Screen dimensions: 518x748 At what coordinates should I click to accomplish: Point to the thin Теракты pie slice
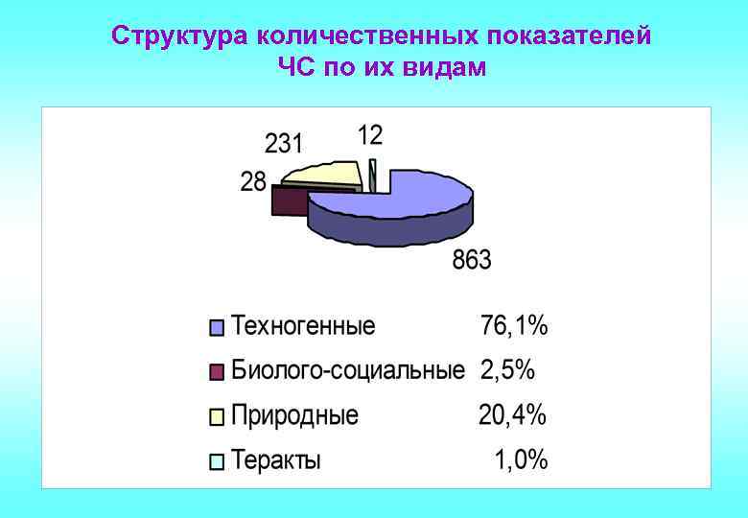(372, 175)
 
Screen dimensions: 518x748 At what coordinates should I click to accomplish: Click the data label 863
(472, 260)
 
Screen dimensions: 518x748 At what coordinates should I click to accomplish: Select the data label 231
(284, 144)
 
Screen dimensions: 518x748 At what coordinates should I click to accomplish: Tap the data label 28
(253, 181)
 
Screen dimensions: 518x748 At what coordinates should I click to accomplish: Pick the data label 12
(370, 135)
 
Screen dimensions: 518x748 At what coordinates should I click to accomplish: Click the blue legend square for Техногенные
(217, 328)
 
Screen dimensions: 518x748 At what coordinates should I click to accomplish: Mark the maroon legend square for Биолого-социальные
(217, 371)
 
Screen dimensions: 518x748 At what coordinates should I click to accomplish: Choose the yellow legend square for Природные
(217, 416)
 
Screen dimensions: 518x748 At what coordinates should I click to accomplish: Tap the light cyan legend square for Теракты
(217, 461)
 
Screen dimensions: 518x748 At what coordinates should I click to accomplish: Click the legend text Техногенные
(304, 326)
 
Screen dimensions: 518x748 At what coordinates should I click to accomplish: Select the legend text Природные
(295, 415)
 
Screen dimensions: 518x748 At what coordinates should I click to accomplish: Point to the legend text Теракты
(277, 460)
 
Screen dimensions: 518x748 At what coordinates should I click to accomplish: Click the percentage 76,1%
(514, 326)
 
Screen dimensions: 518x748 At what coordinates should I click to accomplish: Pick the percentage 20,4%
(513, 415)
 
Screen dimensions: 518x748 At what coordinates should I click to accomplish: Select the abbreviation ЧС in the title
(295, 68)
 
